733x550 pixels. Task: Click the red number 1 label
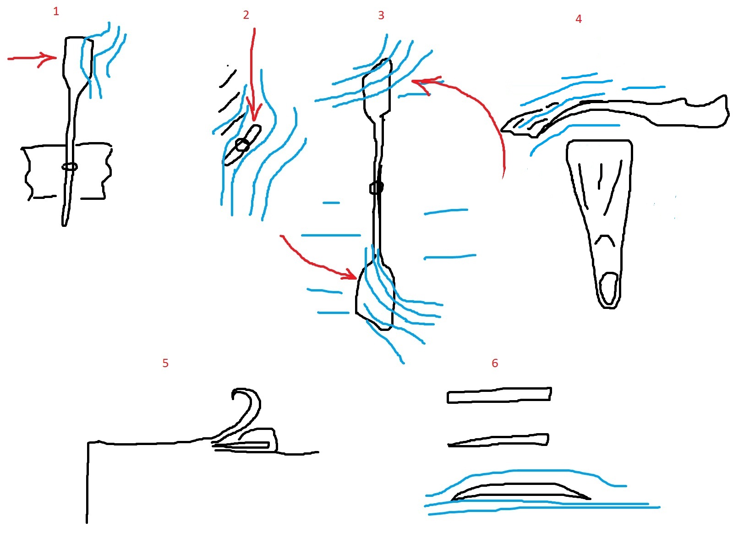[x=56, y=12]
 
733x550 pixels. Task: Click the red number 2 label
[x=246, y=15]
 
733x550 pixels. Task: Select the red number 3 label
[x=381, y=15]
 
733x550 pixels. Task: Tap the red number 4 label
[x=579, y=19]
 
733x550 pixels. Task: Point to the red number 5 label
[x=165, y=363]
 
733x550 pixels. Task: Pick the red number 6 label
[x=495, y=363]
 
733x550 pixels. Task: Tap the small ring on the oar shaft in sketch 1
[x=70, y=167]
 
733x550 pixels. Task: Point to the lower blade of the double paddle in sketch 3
[x=375, y=294]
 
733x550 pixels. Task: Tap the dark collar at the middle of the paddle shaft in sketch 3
[x=377, y=187]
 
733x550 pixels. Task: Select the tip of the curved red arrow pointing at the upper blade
[x=412, y=81]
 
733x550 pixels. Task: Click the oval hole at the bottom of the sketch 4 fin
[x=609, y=289]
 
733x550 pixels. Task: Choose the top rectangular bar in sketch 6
[x=499, y=396]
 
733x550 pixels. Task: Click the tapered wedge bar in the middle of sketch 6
[x=498, y=440]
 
